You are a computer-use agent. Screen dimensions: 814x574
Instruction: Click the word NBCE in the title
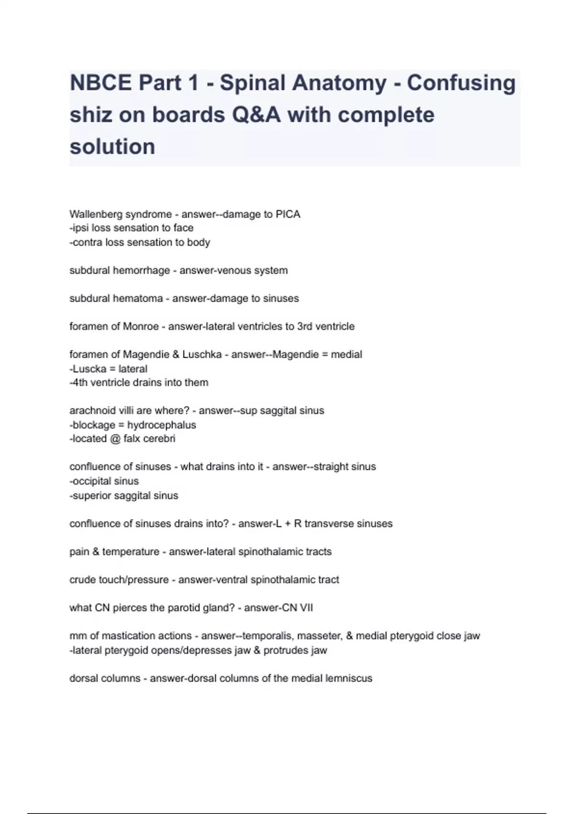click(100, 83)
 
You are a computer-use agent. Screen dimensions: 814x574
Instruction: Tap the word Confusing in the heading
click(461, 83)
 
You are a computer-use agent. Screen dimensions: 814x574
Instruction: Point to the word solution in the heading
click(112, 147)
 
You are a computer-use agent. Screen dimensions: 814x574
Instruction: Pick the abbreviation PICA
click(288, 214)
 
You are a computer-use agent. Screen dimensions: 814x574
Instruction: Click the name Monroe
click(141, 327)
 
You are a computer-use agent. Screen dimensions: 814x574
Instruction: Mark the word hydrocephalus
click(161, 425)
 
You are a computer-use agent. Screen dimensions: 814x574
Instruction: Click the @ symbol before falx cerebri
click(115, 439)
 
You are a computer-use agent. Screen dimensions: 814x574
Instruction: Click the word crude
click(82, 580)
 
